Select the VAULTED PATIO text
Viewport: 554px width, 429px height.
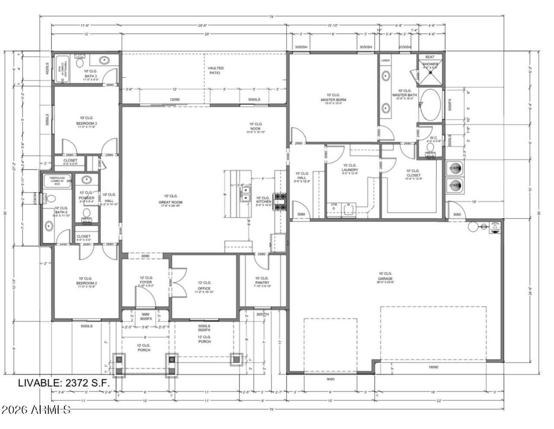coord(216,70)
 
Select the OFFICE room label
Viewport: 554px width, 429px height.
coord(204,286)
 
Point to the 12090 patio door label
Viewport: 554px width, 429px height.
coord(174,100)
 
